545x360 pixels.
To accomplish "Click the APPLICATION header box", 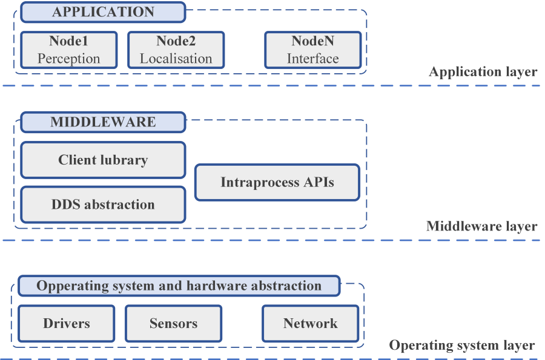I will click(103, 12).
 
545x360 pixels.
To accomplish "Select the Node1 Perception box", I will click(68, 50).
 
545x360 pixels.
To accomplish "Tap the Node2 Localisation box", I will click(176, 50).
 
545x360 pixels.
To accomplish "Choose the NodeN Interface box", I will click(312, 50).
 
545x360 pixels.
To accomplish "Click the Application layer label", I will click(483, 72).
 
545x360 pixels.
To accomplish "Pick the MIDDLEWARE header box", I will click(103, 122).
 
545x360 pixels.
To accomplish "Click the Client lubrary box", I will click(103, 160).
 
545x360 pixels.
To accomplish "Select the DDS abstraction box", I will click(103, 205).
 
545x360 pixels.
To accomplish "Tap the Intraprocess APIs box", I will click(277, 182).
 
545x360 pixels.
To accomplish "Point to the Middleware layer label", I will click(481, 226).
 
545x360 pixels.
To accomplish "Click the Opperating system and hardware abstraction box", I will click(179, 286).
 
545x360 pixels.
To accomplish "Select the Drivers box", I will click(67, 323).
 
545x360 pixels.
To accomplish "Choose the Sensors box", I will click(173, 323).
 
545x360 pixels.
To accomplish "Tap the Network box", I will click(310, 323).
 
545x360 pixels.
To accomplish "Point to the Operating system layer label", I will click(461, 345).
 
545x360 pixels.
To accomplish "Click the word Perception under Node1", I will click(68, 59).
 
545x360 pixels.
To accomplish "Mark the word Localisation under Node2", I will click(176, 59).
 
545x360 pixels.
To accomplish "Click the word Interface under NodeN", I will click(312, 59).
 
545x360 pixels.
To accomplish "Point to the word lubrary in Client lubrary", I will click(124, 160).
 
